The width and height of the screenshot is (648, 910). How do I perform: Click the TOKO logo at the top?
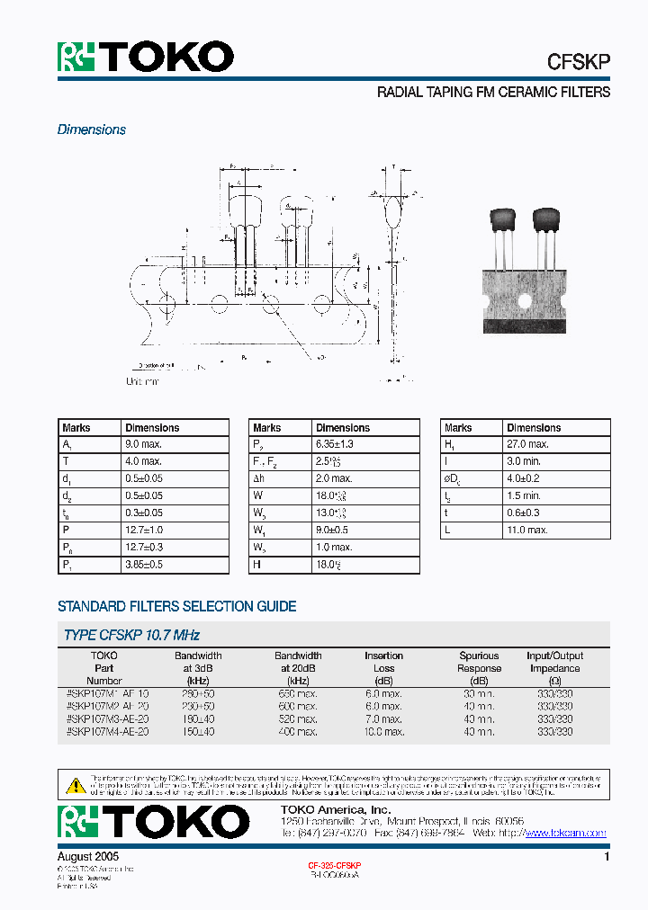click(x=146, y=57)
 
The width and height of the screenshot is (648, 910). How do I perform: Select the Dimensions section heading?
click(x=92, y=129)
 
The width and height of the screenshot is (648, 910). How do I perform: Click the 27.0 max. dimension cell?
click(x=527, y=444)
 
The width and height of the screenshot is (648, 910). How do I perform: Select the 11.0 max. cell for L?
click(x=527, y=531)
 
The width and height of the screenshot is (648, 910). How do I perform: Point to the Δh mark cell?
click(x=259, y=478)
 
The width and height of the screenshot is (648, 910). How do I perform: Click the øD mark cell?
click(x=453, y=478)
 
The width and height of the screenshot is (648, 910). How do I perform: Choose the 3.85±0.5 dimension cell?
click(x=144, y=565)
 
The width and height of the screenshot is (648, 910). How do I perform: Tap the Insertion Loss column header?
click(x=383, y=662)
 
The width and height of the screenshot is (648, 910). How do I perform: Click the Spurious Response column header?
click(x=479, y=662)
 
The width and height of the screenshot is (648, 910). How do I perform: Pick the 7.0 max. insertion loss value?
click(x=383, y=719)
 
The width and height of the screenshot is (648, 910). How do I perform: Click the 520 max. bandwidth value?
click(x=298, y=719)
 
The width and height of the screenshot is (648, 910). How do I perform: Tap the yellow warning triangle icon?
click(x=75, y=784)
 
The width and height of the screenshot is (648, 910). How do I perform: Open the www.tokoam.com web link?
click(x=565, y=834)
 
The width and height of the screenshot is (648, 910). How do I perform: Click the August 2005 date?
click(x=88, y=857)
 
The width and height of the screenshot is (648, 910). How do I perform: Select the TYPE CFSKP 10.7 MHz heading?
click(x=131, y=635)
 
